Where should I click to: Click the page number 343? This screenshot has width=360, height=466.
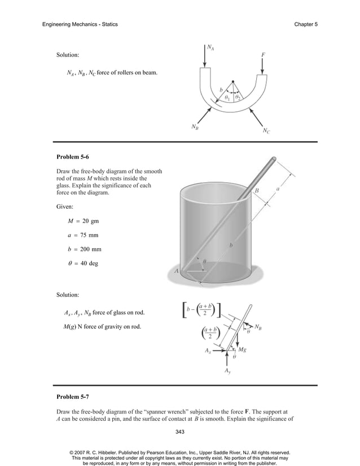pos(180,432)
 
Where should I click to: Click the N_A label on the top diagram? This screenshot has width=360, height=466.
pos(210,49)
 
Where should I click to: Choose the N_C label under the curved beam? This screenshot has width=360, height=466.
pos(266,131)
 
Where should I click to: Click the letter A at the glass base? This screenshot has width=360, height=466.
pos(177,271)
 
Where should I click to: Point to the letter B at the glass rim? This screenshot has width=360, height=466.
pos(257,191)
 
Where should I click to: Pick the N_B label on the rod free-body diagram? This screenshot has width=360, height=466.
pos(257,326)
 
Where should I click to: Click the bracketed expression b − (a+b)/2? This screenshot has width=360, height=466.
pos(200,310)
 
